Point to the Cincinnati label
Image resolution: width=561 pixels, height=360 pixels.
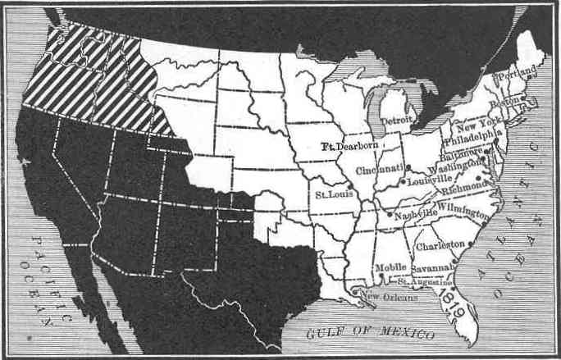tap(379, 169)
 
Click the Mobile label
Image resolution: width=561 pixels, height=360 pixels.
tap(391, 267)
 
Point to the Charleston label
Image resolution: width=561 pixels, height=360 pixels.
tap(442, 244)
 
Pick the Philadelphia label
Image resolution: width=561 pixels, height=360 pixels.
tap(473, 137)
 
